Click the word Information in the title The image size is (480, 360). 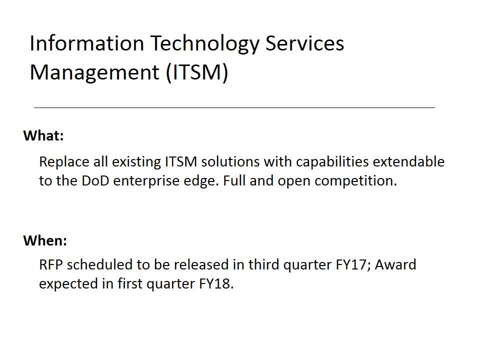click(x=87, y=43)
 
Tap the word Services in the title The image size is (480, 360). click(x=304, y=43)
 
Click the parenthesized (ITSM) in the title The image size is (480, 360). click(x=197, y=73)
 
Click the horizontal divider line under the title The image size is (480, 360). click(x=234, y=107)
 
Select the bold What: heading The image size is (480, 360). click(x=43, y=135)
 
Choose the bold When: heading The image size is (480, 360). click(x=45, y=240)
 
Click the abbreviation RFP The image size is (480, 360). click(x=51, y=265)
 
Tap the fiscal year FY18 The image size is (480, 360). click(x=216, y=284)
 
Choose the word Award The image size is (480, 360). click(x=395, y=265)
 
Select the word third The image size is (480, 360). click(x=263, y=265)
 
